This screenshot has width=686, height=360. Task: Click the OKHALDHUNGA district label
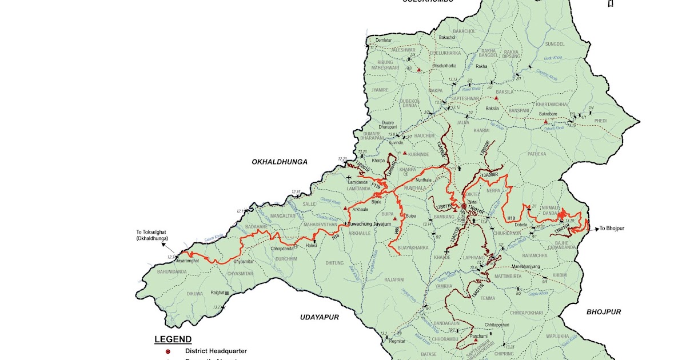(280, 162)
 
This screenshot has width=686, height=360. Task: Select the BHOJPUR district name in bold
(603, 312)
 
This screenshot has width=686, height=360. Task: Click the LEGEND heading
(173, 339)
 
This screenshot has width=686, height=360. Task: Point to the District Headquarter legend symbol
(167, 351)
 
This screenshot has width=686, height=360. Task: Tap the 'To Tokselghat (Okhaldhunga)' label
(152, 235)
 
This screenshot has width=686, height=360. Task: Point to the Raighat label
(217, 293)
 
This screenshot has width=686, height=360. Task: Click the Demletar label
(384, 41)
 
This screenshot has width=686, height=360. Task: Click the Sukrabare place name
(547, 114)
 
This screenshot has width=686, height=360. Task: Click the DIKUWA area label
(195, 294)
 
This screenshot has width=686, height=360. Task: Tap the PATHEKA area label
(536, 154)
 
